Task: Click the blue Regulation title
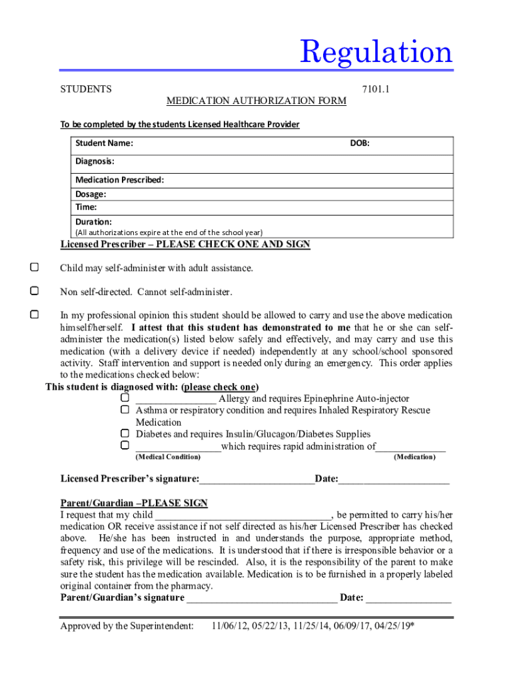pos(376,52)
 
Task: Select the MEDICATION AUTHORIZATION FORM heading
pos(256,101)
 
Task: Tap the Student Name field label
pos(104,143)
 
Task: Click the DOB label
pos(360,143)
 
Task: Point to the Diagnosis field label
pos(95,161)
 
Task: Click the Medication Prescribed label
pos(119,180)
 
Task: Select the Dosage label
pos(91,194)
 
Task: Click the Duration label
pos(93,221)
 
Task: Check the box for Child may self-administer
pos(34,268)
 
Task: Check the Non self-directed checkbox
pos(34,291)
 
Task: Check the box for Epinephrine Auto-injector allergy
pos(125,398)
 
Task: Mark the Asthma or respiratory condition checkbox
pos(125,410)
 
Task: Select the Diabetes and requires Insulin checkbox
pos(125,434)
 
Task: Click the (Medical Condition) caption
pos(168,457)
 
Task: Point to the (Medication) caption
pos(414,457)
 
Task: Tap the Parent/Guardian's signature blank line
pos(262,597)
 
